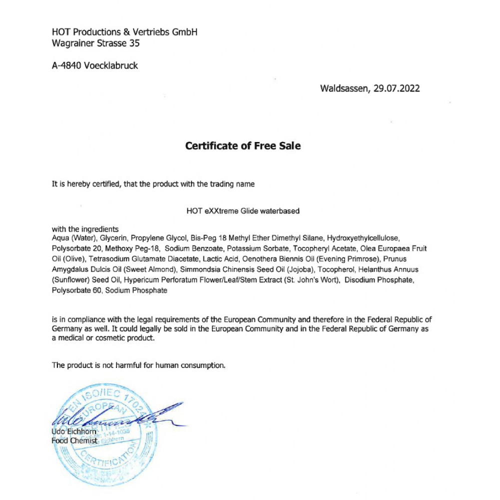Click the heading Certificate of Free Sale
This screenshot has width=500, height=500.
(243, 146)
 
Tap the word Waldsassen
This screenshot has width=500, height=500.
(344, 88)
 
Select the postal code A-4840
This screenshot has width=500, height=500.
(66, 65)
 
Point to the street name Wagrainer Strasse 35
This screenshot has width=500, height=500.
(95, 43)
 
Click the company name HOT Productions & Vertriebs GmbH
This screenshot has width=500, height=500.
(124, 32)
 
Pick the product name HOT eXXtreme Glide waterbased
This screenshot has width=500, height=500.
(243, 211)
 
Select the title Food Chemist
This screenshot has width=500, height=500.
(74, 440)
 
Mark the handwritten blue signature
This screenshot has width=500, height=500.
(115, 416)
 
